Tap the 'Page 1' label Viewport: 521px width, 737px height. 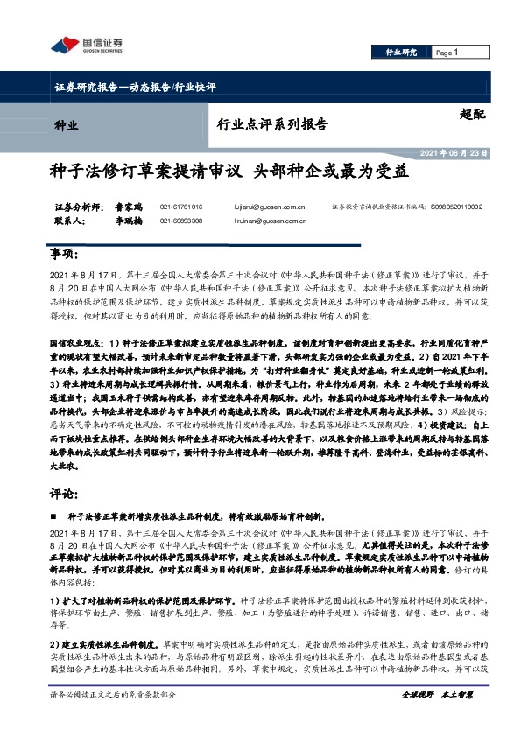pos(447,53)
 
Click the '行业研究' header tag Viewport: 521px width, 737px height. pos(401,53)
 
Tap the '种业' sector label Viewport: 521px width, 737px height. pos(66,124)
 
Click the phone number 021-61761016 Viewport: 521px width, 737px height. pos(181,207)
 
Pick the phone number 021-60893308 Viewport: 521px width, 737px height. pos(181,221)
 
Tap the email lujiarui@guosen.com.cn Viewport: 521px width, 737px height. pos(271,207)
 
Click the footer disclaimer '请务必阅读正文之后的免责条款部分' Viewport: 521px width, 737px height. pos(114,694)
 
